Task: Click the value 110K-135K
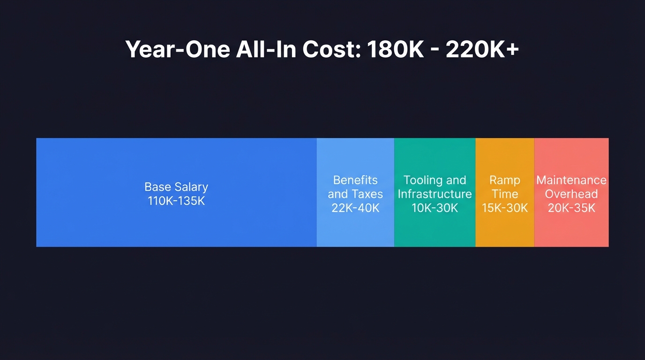click(x=176, y=202)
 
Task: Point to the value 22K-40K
click(x=355, y=208)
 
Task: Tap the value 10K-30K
click(x=435, y=208)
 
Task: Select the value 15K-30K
click(x=505, y=208)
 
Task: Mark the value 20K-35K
click(x=571, y=208)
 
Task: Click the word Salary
click(x=191, y=187)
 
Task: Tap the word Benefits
click(x=355, y=180)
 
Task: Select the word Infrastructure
click(x=435, y=194)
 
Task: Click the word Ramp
click(x=505, y=180)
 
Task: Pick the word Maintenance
click(x=571, y=180)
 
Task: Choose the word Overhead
click(x=571, y=194)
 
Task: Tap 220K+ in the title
click(x=482, y=49)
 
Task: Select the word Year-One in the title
click(x=177, y=49)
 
